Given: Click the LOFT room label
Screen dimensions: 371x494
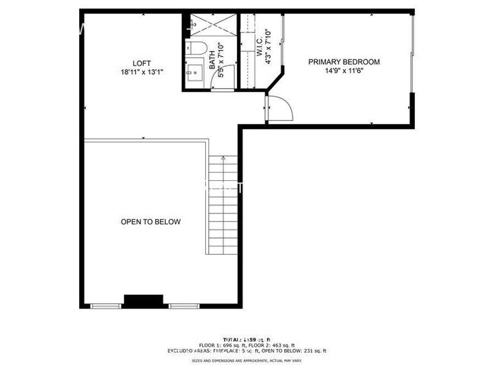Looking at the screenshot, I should coord(141,63).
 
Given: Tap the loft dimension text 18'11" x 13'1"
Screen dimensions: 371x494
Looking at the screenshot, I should coord(141,72).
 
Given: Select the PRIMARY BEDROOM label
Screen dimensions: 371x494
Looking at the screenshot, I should coord(344,62).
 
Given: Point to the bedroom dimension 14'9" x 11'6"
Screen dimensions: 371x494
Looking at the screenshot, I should coord(344,71).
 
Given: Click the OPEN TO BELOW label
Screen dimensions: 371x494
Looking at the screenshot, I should coord(150,222).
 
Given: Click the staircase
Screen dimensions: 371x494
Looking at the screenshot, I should coord(223,205).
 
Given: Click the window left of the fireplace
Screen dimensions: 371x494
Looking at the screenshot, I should coord(105,306).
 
